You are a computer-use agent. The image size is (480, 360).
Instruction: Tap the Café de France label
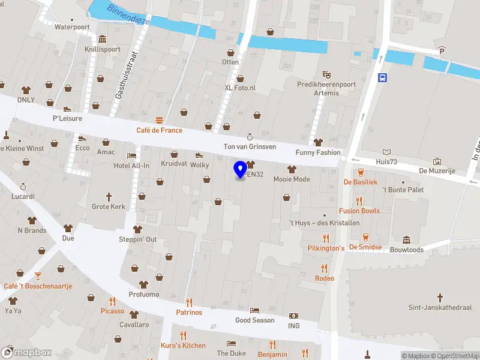click(159, 130)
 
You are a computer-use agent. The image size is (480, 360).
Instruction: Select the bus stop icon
click(382, 77)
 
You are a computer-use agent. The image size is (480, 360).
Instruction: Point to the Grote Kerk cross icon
click(109, 196)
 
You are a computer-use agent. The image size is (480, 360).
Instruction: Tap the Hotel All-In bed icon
click(131, 155)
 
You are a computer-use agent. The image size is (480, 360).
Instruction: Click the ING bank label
click(293, 326)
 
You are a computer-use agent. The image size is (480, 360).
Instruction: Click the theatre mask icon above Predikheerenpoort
click(327, 74)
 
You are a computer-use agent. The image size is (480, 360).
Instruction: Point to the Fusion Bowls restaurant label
click(359, 211)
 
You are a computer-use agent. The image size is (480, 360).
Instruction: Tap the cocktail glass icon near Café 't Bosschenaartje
click(38, 275)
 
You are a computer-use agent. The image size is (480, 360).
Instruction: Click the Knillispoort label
click(102, 49)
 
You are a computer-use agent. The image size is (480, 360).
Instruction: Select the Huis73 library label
click(387, 161)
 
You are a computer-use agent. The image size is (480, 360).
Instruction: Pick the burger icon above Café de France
click(159, 120)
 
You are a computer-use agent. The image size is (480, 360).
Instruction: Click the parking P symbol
click(442, 50)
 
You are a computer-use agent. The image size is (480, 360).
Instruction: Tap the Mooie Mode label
click(292, 179)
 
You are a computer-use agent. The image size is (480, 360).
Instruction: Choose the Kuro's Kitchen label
click(183, 345)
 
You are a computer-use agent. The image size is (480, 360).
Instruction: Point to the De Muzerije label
click(437, 171)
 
